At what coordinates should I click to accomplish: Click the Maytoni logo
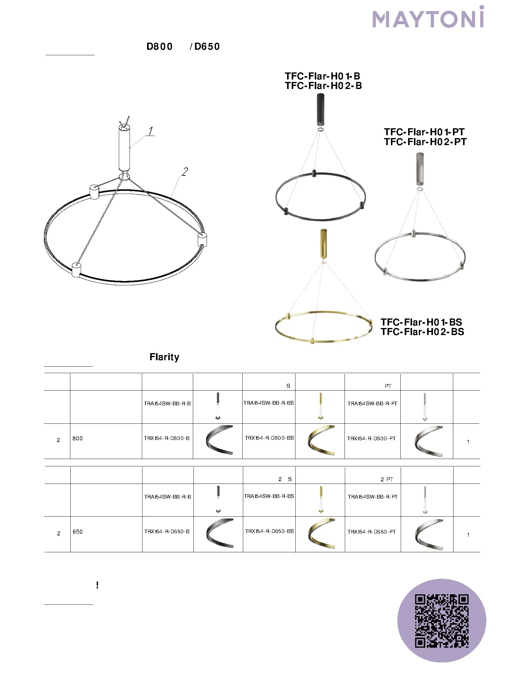(428, 17)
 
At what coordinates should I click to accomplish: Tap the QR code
(442, 621)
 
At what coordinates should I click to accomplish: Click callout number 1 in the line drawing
(150, 131)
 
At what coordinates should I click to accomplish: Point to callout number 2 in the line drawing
(185, 172)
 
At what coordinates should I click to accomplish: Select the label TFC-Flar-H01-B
(322, 76)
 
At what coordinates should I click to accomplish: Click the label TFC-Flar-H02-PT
(425, 142)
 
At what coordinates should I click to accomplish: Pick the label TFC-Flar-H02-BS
(423, 332)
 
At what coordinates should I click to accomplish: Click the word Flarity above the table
(164, 357)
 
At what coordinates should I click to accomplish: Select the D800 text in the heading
(159, 46)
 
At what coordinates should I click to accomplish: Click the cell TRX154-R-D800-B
(167, 438)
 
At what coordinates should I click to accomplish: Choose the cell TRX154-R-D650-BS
(269, 531)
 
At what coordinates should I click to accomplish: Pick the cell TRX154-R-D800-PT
(372, 438)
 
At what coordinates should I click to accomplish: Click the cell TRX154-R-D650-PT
(372, 532)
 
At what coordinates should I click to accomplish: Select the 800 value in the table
(78, 438)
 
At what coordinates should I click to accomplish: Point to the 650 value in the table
(78, 532)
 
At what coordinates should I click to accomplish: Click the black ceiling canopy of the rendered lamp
(320, 109)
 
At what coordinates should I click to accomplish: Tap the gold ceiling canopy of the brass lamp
(323, 244)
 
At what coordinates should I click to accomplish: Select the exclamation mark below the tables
(97, 585)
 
